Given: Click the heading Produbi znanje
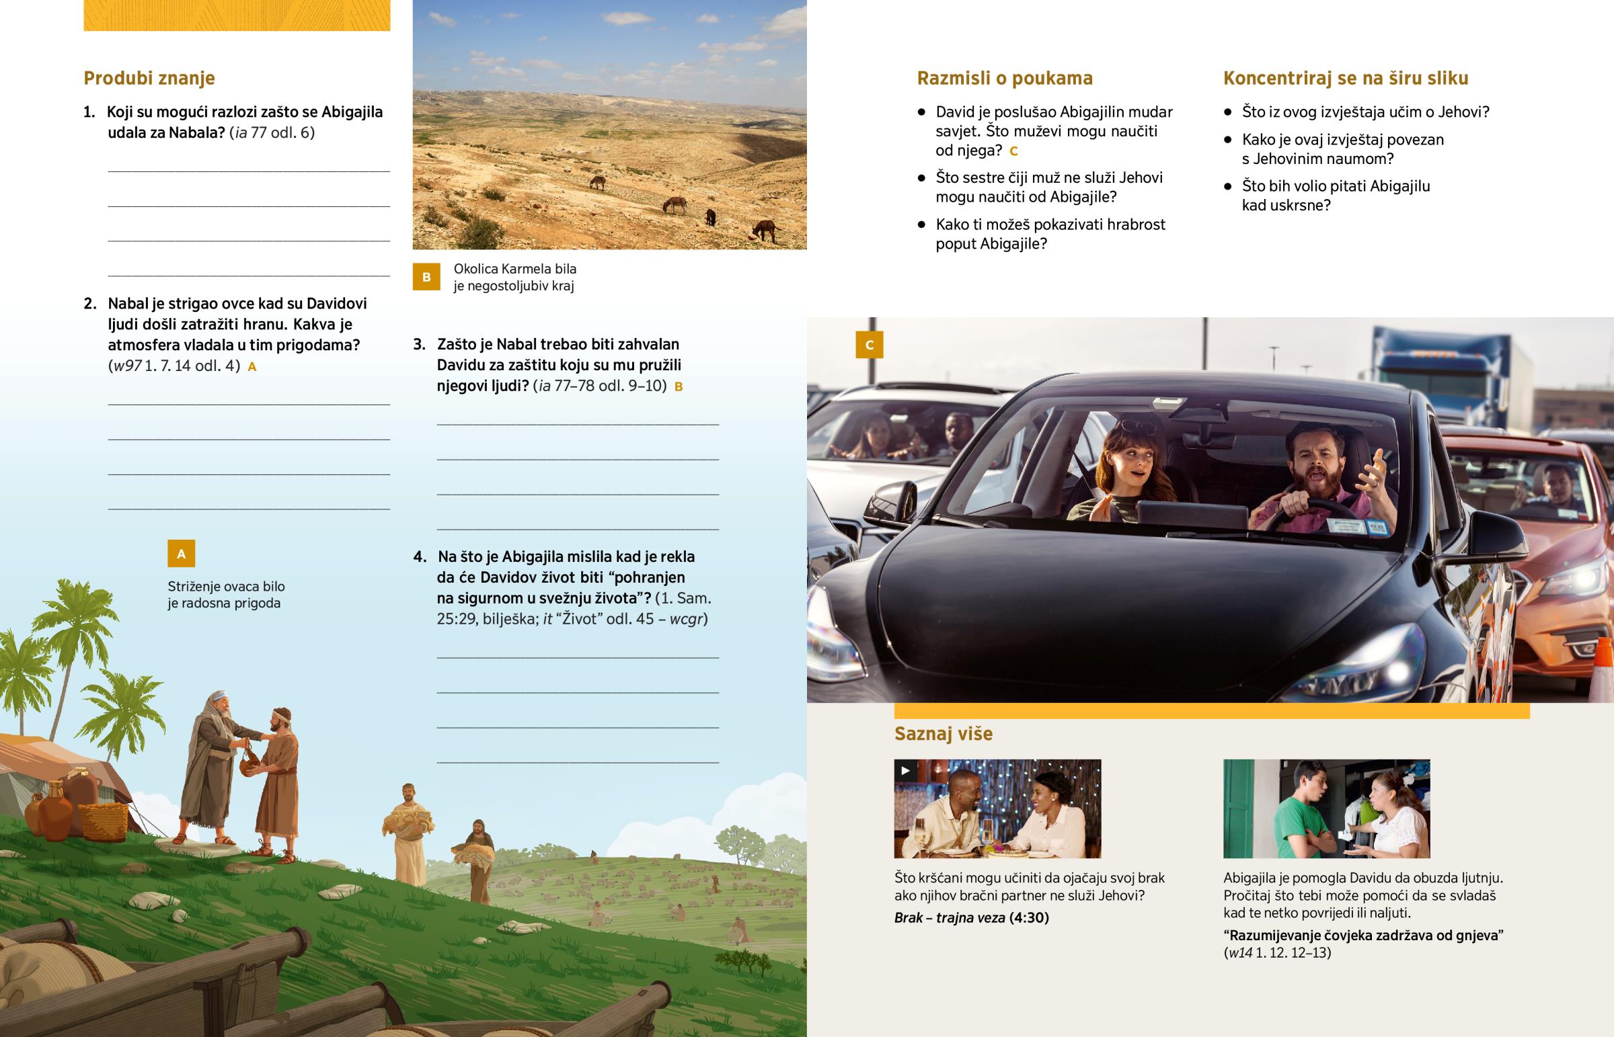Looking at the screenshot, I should click(x=149, y=78).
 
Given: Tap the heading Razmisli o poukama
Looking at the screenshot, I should click(x=1004, y=78).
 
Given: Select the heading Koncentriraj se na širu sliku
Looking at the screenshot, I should click(x=1345, y=78).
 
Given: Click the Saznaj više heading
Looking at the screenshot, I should click(x=943, y=733).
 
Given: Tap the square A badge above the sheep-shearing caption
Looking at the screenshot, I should click(x=181, y=554).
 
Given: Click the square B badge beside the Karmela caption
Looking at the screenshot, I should click(x=426, y=277).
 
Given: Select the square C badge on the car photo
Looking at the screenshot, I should click(x=869, y=345).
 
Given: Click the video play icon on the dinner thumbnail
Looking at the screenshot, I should click(x=905, y=770).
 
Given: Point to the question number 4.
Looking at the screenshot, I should click(x=420, y=557).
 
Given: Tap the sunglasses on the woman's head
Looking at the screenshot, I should click(x=1132, y=425).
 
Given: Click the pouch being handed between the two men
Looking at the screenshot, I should click(x=250, y=759).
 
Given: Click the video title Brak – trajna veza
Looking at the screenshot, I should click(x=949, y=918).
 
